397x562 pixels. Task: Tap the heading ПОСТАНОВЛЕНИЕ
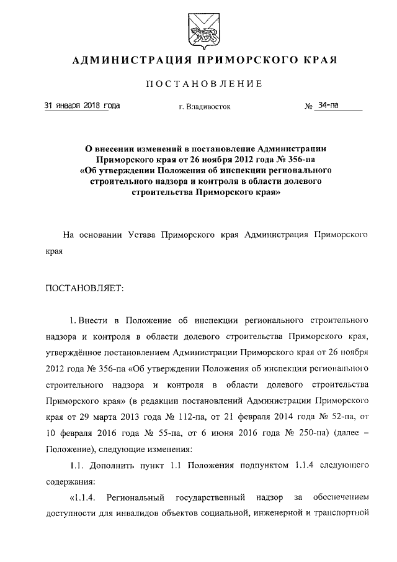pos(204,84)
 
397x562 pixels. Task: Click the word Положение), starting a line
pos(71,448)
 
